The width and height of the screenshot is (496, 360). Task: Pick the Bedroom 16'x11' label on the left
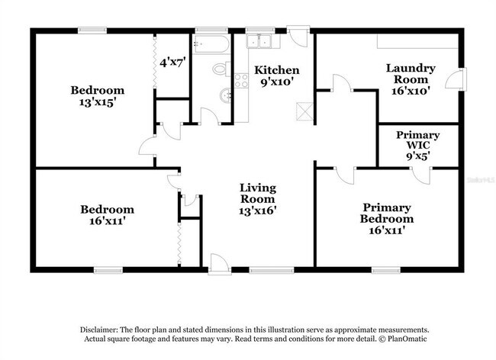(108, 215)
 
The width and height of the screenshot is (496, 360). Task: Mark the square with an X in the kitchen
(304, 111)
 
